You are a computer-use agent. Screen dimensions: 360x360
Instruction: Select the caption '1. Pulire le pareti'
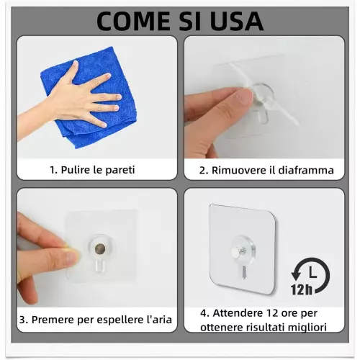click(x=92, y=171)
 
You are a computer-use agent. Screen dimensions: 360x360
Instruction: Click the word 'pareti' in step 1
click(x=119, y=171)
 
